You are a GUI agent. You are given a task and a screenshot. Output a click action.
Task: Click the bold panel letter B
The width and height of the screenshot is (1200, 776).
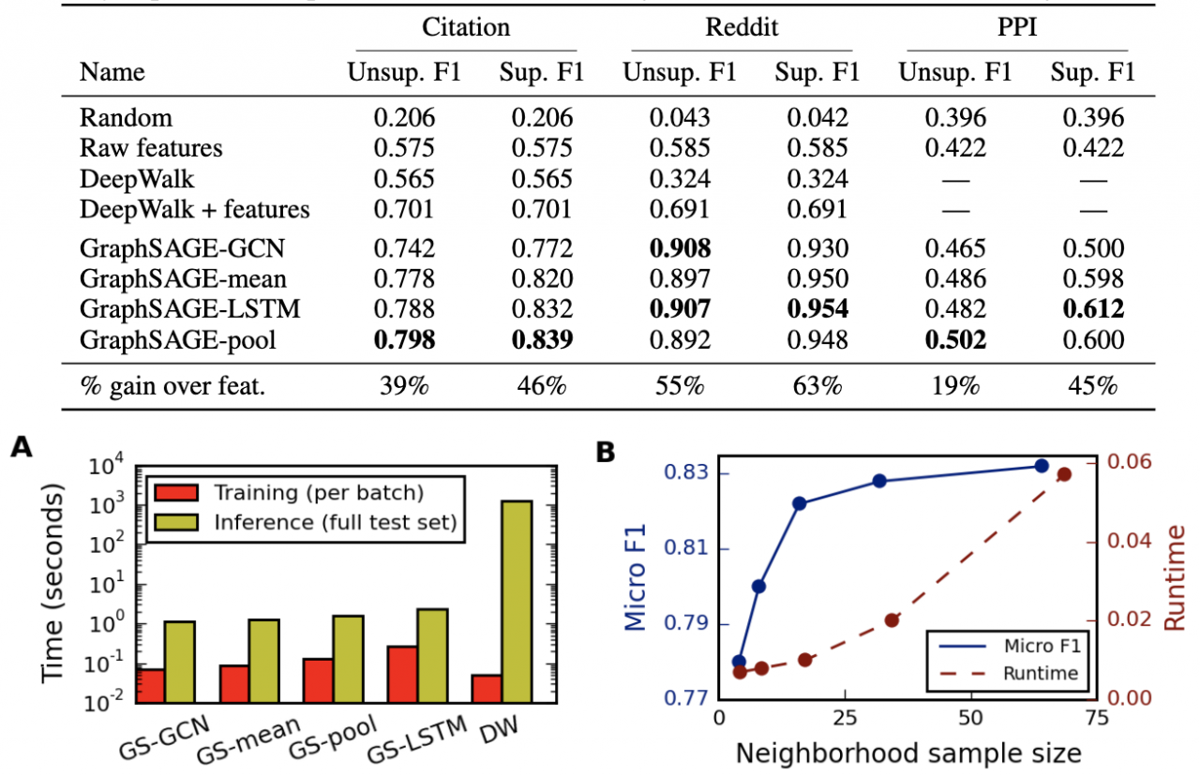click(x=607, y=452)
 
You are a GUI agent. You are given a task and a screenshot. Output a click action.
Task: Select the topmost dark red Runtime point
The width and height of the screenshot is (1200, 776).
click(x=1064, y=474)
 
